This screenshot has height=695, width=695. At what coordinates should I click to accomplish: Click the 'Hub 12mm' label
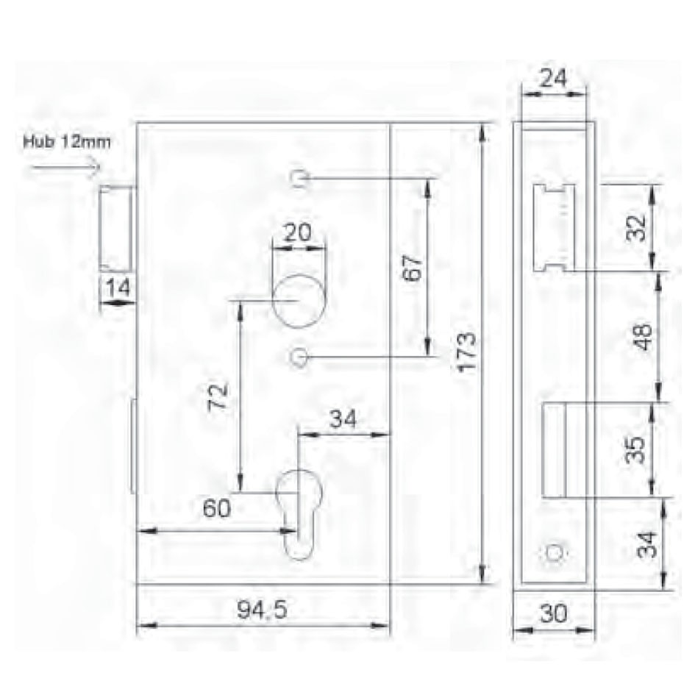click(67, 142)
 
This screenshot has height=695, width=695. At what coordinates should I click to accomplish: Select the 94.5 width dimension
click(262, 610)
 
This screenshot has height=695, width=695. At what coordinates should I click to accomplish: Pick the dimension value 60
click(216, 508)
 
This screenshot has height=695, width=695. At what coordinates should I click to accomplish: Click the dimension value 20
click(297, 232)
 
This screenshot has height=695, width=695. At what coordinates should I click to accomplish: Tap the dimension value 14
click(118, 288)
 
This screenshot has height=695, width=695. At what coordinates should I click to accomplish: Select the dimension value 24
click(553, 79)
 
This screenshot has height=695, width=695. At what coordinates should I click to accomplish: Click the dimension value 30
click(554, 614)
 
